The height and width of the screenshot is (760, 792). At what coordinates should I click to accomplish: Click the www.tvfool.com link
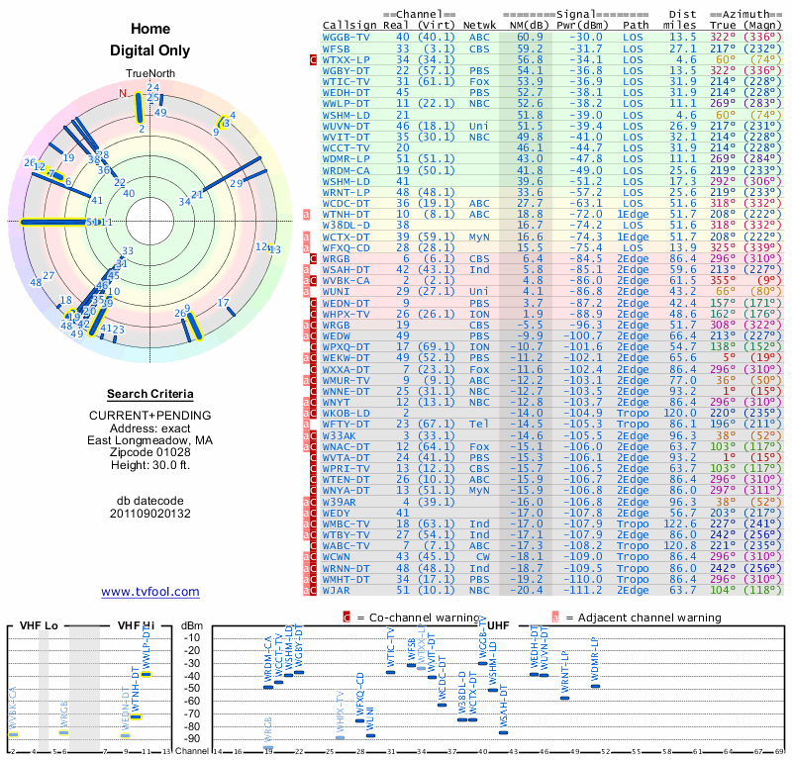coord(149,592)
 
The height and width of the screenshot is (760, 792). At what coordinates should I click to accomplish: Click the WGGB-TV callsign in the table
coord(346,36)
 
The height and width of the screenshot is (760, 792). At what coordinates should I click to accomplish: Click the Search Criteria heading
coord(150,394)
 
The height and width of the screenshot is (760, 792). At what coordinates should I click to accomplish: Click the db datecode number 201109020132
coord(150,513)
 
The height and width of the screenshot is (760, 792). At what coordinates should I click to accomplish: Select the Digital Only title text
coord(150,50)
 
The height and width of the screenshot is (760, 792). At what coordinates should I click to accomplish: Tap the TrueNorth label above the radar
coord(150,74)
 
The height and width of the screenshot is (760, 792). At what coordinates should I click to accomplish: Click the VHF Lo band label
coord(41,625)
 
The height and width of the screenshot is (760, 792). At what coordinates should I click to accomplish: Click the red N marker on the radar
coord(124,94)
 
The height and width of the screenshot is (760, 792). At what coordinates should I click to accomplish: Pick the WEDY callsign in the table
coord(338,513)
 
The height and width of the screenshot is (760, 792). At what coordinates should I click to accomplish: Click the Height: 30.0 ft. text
coord(150,467)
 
